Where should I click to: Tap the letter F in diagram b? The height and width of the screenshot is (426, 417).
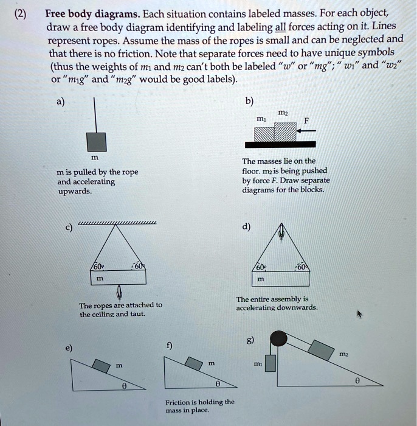coord(307,120)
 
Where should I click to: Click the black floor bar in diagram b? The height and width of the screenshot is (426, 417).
coord(280,144)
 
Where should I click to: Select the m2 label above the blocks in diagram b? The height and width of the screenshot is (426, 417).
coord(282,113)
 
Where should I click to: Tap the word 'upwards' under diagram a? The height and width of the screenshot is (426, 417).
coord(74,190)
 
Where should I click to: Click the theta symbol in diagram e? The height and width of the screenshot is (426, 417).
coord(124,385)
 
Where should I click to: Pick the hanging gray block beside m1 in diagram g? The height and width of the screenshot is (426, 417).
coord(271,362)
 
